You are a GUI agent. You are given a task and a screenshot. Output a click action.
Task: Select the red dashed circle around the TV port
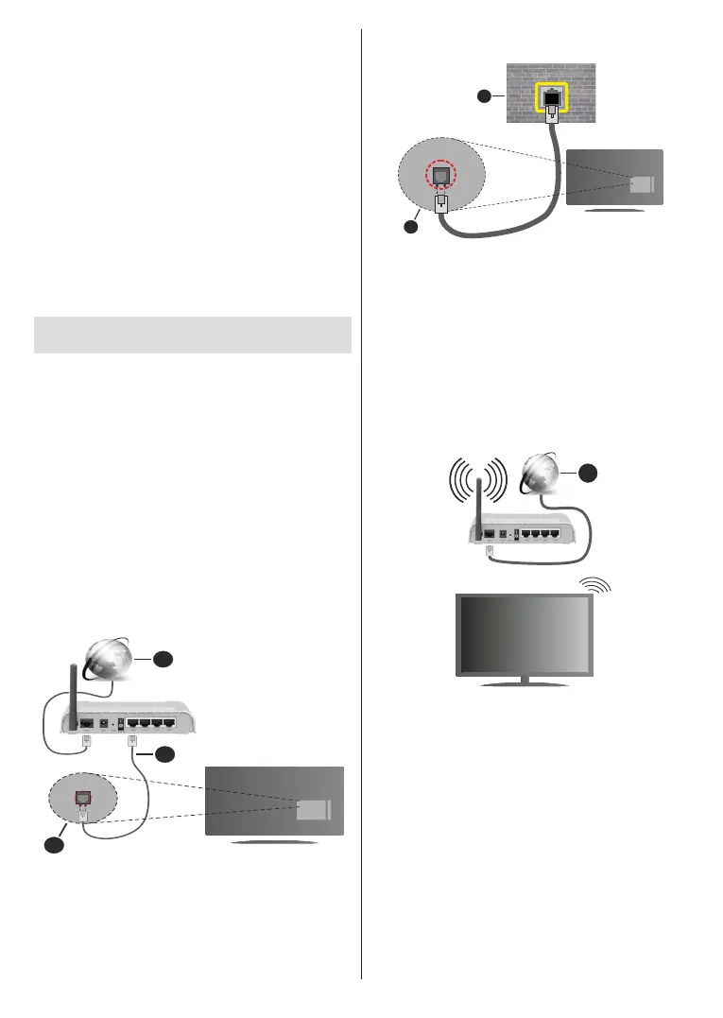click(439, 177)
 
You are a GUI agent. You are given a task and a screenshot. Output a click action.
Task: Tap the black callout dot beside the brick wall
click(484, 96)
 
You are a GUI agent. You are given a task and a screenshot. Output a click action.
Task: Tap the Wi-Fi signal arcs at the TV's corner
click(596, 588)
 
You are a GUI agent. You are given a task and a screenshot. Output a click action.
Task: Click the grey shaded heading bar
click(192, 335)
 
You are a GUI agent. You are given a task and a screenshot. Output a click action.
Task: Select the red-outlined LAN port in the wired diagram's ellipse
click(82, 798)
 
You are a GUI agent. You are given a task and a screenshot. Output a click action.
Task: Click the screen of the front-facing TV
click(525, 632)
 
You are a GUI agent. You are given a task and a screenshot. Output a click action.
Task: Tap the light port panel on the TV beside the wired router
click(312, 810)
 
